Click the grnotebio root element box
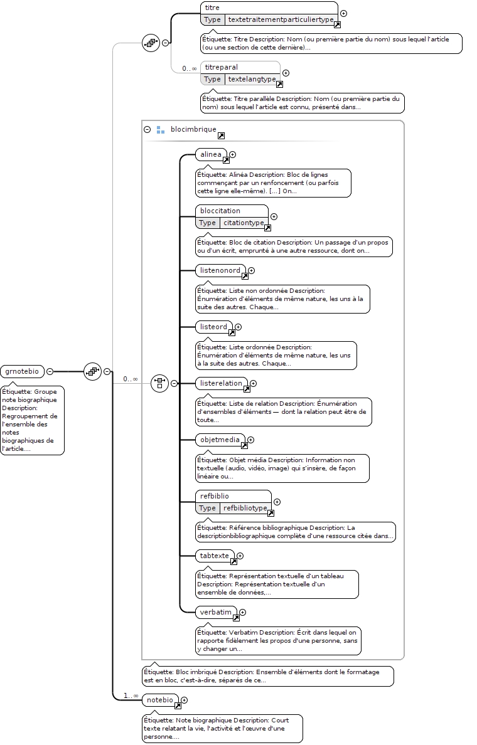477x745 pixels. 23,371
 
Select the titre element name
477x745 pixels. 212,8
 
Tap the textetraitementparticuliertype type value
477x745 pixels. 281,19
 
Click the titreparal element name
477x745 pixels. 221,67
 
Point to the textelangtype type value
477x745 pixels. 252,79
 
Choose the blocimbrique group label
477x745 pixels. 193,129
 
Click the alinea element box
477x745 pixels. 211,154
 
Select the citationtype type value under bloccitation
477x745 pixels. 244,223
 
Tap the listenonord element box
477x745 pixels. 221,270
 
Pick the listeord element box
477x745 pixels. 214,327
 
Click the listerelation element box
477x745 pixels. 222,383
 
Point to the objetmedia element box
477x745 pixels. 220,440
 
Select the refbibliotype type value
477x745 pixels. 245,508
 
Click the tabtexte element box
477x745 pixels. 215,556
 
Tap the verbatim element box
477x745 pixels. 217,612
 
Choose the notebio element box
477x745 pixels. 161,700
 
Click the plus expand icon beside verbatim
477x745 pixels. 242,613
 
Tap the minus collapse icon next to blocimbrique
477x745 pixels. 147,129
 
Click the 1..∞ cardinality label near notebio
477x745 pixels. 131,695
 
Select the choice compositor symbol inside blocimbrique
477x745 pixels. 160,383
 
